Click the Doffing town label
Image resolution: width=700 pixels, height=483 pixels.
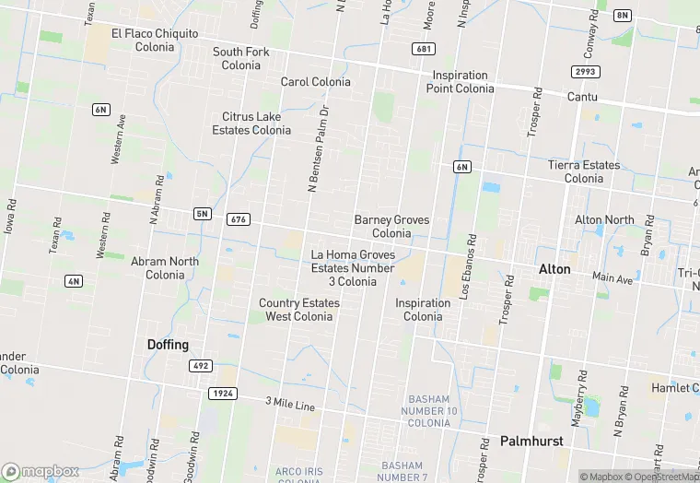(x=168, y=345)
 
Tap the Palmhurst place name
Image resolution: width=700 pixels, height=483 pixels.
(x=531, y=442)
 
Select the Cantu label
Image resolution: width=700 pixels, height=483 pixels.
(x=582, y=97)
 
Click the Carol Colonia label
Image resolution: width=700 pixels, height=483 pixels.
(x=316, y=82)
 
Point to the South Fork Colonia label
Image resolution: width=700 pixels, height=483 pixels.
(x=241, y=58)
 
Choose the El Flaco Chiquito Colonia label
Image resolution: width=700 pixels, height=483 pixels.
(x=155, y=40)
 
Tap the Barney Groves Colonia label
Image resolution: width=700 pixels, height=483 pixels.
(x=391, y=227)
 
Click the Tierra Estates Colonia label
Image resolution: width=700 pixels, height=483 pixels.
(x=584, y=171)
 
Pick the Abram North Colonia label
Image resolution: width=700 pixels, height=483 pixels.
(x=165, y=268)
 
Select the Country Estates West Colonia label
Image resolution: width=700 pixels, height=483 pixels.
(x=299, y=310)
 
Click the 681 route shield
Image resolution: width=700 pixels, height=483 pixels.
(x=424, y=49)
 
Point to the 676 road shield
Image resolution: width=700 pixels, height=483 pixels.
(x=239, y=218)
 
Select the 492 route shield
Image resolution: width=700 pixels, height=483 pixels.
(x=201, y=366)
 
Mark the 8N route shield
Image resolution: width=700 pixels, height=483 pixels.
(x=624, y=16)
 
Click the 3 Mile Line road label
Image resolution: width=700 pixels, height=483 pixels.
(x=290, y=405)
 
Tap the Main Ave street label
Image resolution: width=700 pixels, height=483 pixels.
(x=612, y=277)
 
